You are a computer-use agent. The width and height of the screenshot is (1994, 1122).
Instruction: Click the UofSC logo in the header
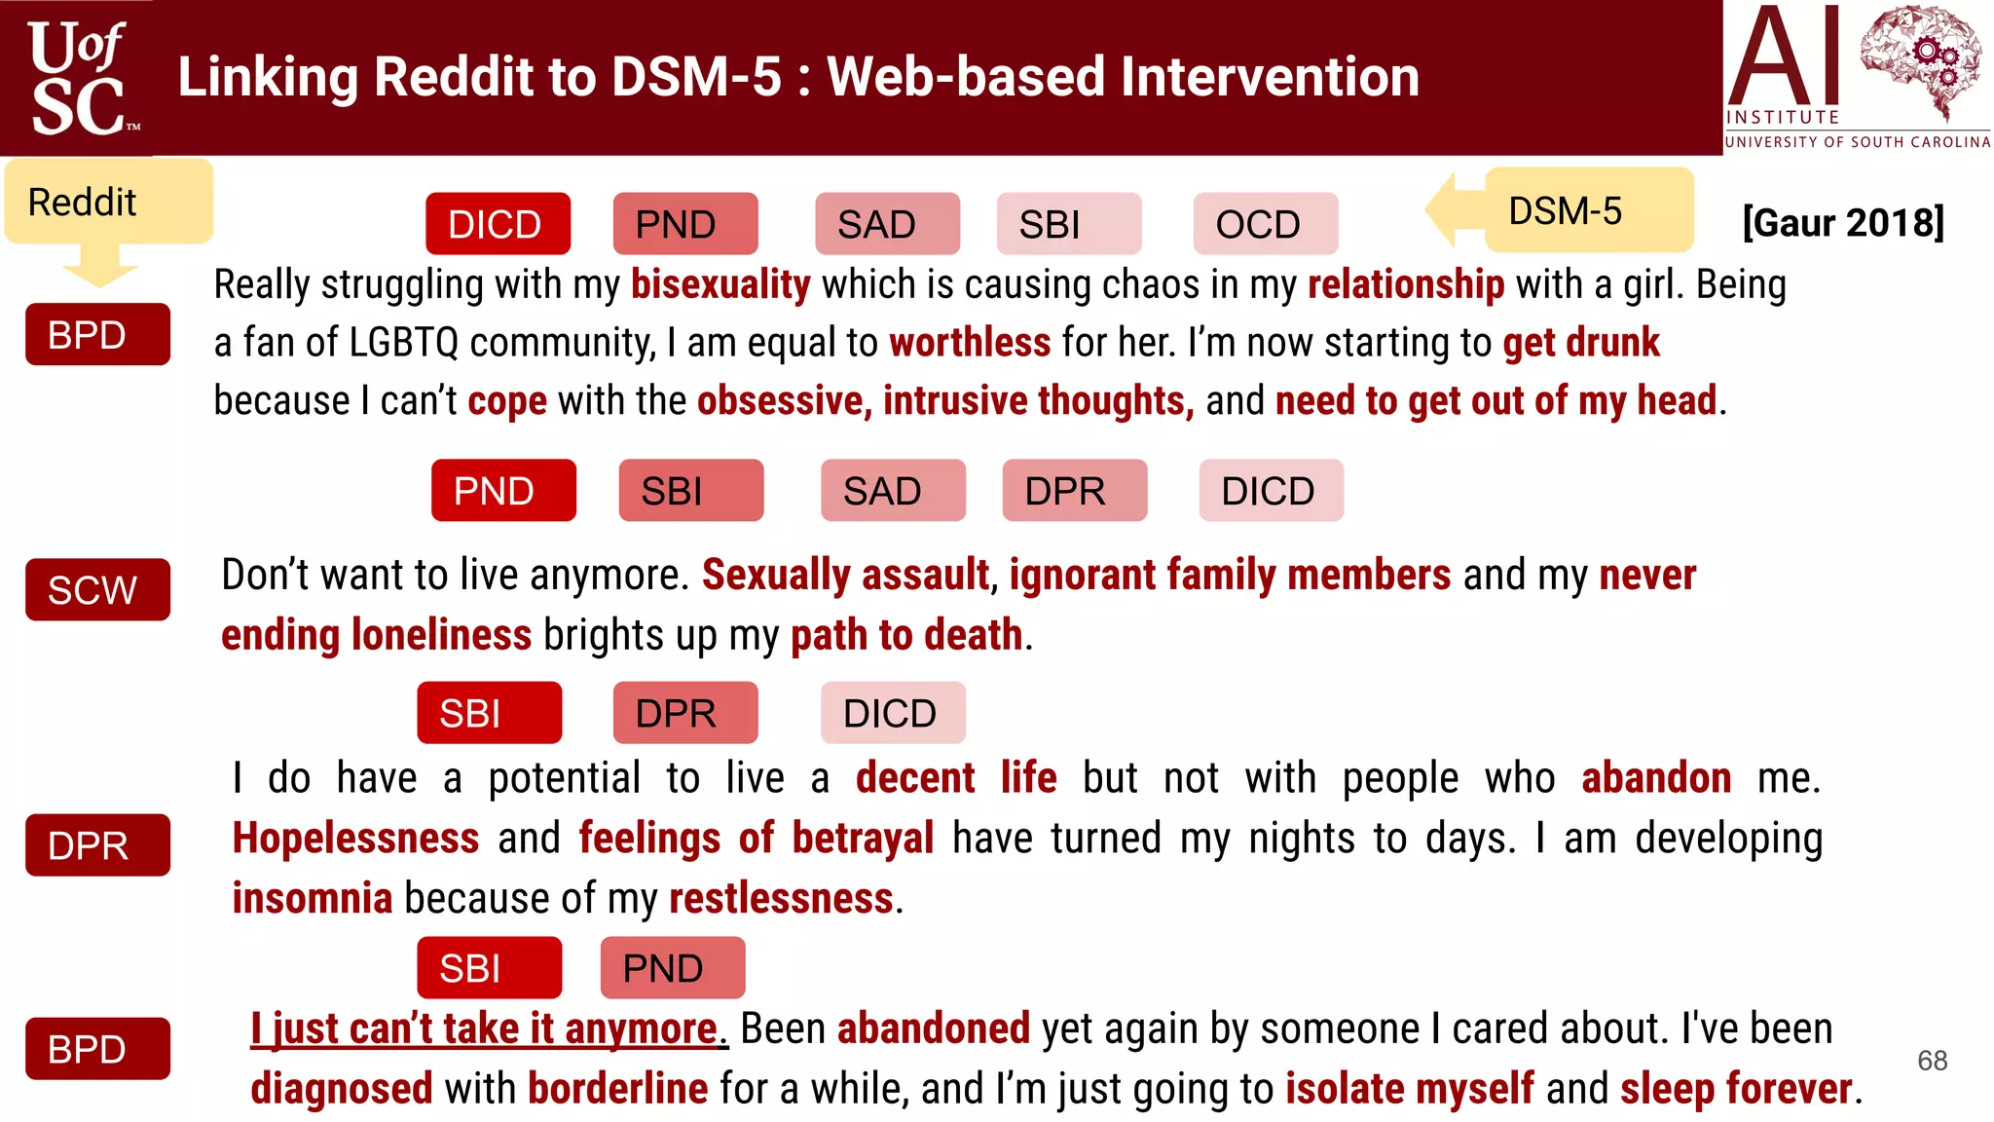78,78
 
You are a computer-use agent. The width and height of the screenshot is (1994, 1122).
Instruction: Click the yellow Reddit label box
108,202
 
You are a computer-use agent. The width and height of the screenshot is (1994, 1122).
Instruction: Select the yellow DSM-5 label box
1588,210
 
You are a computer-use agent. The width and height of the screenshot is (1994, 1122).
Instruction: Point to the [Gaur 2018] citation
1842,222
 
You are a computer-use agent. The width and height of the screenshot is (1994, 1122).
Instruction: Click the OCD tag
1265,224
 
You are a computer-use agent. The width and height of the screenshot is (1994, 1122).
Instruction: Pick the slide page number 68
1932,1060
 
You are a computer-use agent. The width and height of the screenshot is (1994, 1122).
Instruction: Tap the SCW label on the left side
97,589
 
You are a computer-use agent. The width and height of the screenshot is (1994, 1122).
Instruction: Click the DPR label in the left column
97,844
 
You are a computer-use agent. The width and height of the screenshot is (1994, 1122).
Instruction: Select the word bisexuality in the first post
720,284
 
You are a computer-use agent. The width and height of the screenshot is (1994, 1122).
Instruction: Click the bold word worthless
970,343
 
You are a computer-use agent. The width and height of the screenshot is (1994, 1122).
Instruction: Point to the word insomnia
312,898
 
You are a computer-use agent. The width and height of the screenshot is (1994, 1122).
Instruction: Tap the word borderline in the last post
617,1088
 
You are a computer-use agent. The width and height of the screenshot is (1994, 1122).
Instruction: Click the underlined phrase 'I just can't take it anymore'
484,1028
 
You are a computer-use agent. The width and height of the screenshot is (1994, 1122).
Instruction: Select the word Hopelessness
355,838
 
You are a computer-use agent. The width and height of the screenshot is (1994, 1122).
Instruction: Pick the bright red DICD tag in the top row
498,224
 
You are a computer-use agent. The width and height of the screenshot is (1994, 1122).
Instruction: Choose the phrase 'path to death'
905,635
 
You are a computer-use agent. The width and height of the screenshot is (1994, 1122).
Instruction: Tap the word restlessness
781,898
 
